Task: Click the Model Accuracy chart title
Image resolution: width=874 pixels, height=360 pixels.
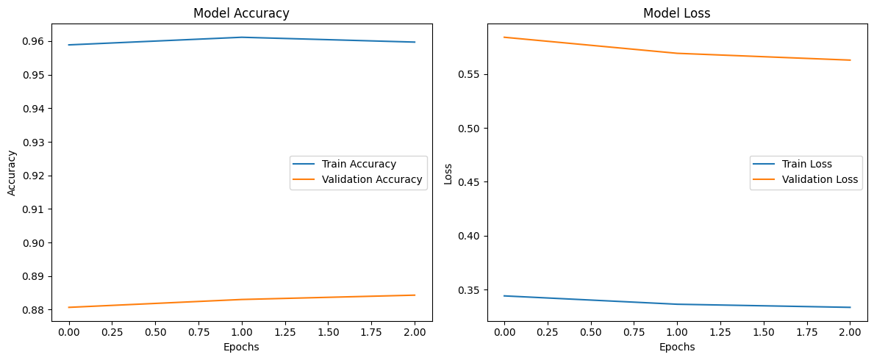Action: point(241,13)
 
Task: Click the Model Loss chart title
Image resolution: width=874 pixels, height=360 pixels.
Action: point(676,13)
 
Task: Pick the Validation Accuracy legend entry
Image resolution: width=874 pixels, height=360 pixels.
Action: point(372,179)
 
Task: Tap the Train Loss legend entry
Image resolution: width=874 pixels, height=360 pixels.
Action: point(808,164)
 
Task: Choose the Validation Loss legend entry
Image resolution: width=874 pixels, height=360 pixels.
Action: point(820,179)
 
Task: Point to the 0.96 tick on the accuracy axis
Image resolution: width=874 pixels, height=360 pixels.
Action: point(36,41)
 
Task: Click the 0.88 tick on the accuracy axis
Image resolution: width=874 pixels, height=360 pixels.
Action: point(36,310)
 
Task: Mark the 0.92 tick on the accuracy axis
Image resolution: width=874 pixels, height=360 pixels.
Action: point(36,176)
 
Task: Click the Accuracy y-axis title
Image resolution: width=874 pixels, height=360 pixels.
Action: point(12,173)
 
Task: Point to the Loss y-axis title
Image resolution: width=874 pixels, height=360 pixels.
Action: point(448,173)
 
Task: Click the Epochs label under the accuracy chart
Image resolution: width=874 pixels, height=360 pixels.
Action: point(241,347)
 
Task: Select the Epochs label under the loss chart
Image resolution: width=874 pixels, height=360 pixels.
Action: point(676,347)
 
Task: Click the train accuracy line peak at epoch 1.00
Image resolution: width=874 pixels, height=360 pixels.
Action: point(242,37)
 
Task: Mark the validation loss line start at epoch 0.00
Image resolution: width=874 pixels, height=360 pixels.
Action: point(504,37)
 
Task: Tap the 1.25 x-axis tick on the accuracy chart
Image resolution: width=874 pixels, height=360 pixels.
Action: point(285,333)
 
